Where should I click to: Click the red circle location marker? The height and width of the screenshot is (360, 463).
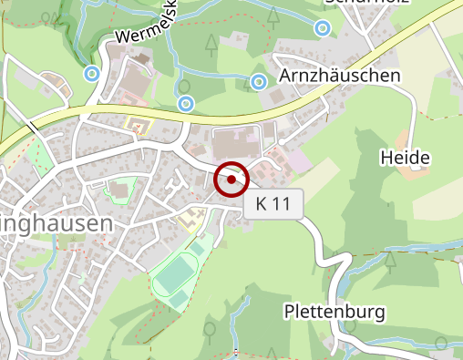click(232, 180)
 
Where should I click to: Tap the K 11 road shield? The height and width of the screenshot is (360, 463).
click(273, 205)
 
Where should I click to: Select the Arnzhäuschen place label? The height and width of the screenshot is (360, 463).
click(339, 76)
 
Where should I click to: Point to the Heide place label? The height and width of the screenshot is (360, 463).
click(404, 159)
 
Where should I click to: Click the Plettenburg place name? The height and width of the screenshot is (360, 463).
click(334, 312)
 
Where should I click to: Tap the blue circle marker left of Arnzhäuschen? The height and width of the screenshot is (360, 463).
click(259, 82)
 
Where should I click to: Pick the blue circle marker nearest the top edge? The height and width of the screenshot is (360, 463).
click(323, 29)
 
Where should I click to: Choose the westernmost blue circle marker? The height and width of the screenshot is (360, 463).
click(91, 73)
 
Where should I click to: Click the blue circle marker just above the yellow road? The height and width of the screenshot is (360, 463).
click(185, 103)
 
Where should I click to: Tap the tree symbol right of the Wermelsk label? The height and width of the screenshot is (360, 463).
click(211, 42)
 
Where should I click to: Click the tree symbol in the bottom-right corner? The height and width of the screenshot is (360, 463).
click(444, 343)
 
